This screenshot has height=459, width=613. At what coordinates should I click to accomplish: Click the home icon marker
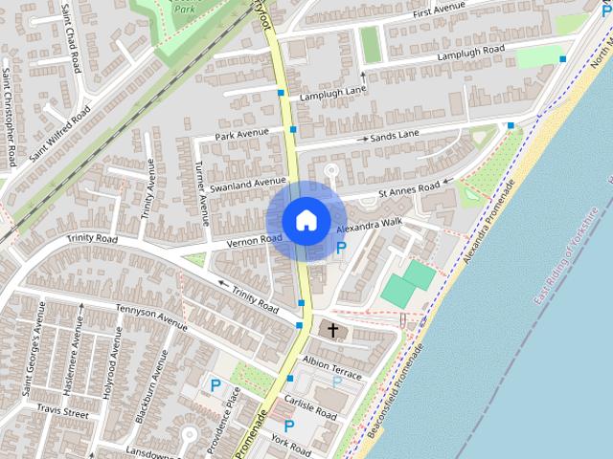click(x=306, y=220)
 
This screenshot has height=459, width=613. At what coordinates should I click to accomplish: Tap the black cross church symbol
click(x=333, y=331)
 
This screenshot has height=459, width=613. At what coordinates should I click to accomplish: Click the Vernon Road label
click(x=254, y=241)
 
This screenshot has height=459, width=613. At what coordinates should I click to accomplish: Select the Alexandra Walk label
click(x=369, y=227)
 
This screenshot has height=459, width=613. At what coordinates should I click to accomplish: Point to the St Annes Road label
click(x=409, y=190)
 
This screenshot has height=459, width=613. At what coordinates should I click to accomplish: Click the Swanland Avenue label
click(x=248, y=182)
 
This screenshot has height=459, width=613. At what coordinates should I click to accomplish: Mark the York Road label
click(x=290, y=444)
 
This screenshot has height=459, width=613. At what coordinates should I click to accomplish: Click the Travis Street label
click(x=63, y=413)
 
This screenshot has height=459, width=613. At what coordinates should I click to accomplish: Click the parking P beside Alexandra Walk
click(x=341, y=249)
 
